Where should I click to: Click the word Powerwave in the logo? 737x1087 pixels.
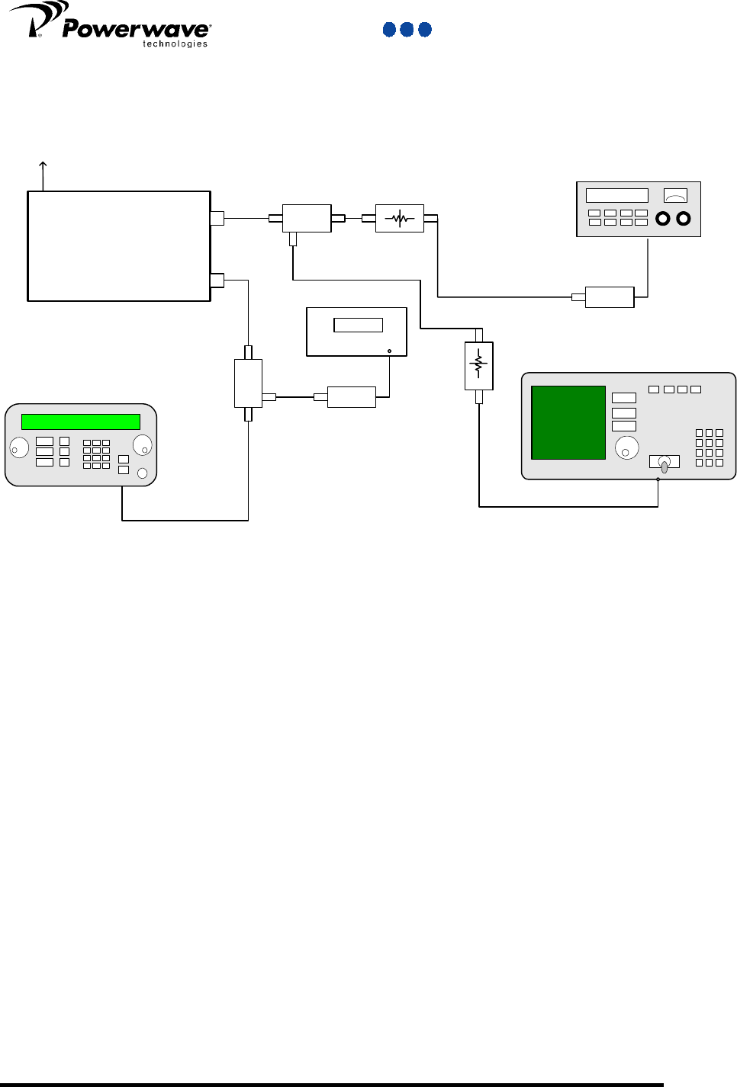point(136,29)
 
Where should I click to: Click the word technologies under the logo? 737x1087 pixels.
point(175,44)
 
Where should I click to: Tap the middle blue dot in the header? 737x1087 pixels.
point(407,30)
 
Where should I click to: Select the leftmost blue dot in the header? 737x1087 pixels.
point(389,30)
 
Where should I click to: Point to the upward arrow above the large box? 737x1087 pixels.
point(43,174)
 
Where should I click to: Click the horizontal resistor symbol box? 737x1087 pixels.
point(400,219)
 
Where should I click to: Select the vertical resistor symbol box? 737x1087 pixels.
point(479,366)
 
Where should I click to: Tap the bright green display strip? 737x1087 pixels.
point(81,422)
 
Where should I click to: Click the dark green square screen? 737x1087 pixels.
point(568,422)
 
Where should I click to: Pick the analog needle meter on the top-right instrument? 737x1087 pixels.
point(675,195)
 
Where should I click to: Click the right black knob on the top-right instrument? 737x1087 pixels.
point(684,219)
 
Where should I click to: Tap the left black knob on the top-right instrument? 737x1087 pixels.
point(663,219)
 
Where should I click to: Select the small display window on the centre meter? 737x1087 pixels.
point(358,325)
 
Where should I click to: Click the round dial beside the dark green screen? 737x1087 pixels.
point(626,448)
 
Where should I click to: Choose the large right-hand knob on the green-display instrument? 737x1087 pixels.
point(142,445)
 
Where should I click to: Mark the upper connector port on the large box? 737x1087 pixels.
point(217,218)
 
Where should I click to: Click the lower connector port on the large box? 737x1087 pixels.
point(217,281)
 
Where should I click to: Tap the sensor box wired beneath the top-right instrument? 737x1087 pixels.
point(609,297)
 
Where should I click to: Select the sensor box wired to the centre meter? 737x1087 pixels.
point(351,397)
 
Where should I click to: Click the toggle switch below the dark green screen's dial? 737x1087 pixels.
point(664,463)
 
